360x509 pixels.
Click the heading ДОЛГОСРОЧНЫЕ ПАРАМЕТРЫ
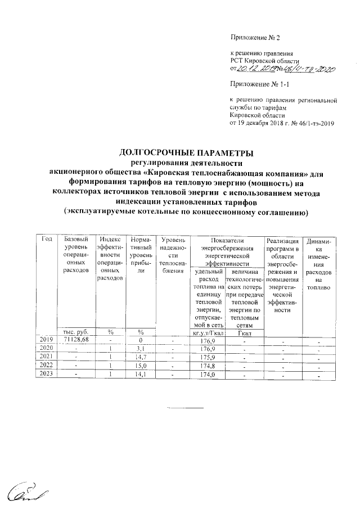[x=185, y=153]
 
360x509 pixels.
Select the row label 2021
[x=45, y=357]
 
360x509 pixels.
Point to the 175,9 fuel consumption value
[x=208, y=357]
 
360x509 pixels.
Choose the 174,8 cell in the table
[x=208, y=366]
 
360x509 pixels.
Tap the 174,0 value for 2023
[x=208, y=374]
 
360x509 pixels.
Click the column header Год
[x=46, y=240]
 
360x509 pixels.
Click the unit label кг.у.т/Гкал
[x=208, y=332]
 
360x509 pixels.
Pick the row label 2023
[x=45, y=374]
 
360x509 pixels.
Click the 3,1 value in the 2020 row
[x=138, y=349]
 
